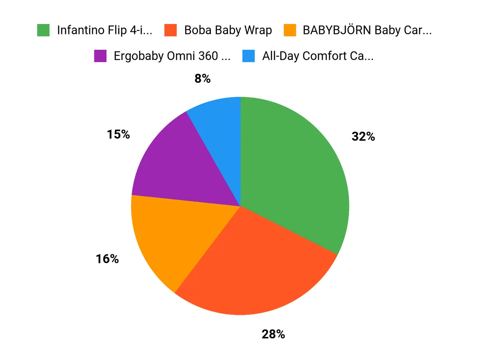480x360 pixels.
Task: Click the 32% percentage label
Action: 363,137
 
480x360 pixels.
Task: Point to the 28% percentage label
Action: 273,334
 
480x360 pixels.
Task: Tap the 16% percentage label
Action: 107,259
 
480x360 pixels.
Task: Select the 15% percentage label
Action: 118,134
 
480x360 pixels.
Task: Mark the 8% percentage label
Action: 202,79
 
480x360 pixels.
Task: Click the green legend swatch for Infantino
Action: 43,30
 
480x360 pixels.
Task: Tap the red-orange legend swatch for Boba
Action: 170,30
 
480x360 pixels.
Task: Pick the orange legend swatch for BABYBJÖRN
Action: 290,30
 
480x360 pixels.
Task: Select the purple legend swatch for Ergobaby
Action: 100,56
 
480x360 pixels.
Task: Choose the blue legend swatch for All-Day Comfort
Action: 248,56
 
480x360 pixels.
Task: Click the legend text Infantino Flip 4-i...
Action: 105,30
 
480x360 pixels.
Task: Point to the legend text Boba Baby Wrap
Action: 228,30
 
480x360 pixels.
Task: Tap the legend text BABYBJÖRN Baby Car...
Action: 367,30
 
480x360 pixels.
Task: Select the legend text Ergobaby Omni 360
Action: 172,56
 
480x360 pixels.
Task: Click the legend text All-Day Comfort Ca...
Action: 318,56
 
